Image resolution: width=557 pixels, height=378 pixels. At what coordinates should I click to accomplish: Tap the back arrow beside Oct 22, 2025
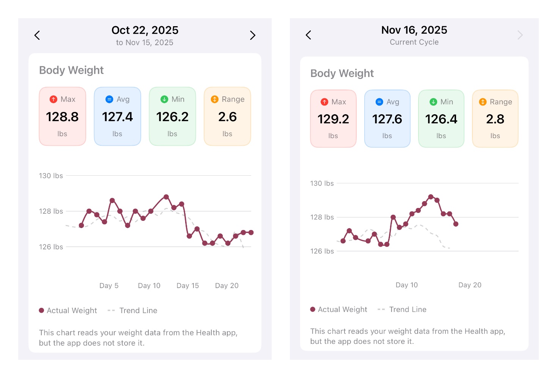coord(37,35)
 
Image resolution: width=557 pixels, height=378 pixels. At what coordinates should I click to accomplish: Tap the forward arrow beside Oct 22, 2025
coord(253,35)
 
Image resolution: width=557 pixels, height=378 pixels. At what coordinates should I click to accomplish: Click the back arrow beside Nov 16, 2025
coord(308,35)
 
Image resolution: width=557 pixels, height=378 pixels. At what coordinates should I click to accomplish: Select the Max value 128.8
coord(62,117)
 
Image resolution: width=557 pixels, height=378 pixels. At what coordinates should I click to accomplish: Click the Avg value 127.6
coord(387,119)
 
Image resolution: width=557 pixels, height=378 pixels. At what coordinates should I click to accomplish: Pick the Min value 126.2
coord(172,117)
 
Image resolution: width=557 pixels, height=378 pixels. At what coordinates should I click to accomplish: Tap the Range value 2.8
coord(495,119)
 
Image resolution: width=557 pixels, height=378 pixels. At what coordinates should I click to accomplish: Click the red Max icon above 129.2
coord(324,102)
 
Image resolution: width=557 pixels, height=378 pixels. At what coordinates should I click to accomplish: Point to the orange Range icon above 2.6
coord(215,99)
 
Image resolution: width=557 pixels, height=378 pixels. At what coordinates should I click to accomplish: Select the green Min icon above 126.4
coord(433,102)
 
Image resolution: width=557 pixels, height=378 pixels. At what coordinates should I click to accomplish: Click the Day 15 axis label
coord(187,285)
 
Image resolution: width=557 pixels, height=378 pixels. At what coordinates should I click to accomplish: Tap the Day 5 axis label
coord(109,285)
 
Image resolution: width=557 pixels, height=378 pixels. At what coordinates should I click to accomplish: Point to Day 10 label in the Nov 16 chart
coord(406,285)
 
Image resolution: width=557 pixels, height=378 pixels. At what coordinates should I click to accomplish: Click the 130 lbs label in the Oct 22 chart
coord(51,176)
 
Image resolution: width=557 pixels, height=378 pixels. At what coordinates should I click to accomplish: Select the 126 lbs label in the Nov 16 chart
coord(322,251)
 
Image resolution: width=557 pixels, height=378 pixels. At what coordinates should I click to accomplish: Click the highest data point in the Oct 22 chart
coord(166,197)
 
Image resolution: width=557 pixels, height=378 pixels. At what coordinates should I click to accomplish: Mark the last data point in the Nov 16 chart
coord(456,224)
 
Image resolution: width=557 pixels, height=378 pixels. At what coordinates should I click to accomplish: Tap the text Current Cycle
coord(414,42)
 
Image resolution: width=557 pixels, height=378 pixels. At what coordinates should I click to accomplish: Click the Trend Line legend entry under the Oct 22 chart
coord(138,310)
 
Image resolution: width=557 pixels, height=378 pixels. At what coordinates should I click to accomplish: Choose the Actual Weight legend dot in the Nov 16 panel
coord(313,309)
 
